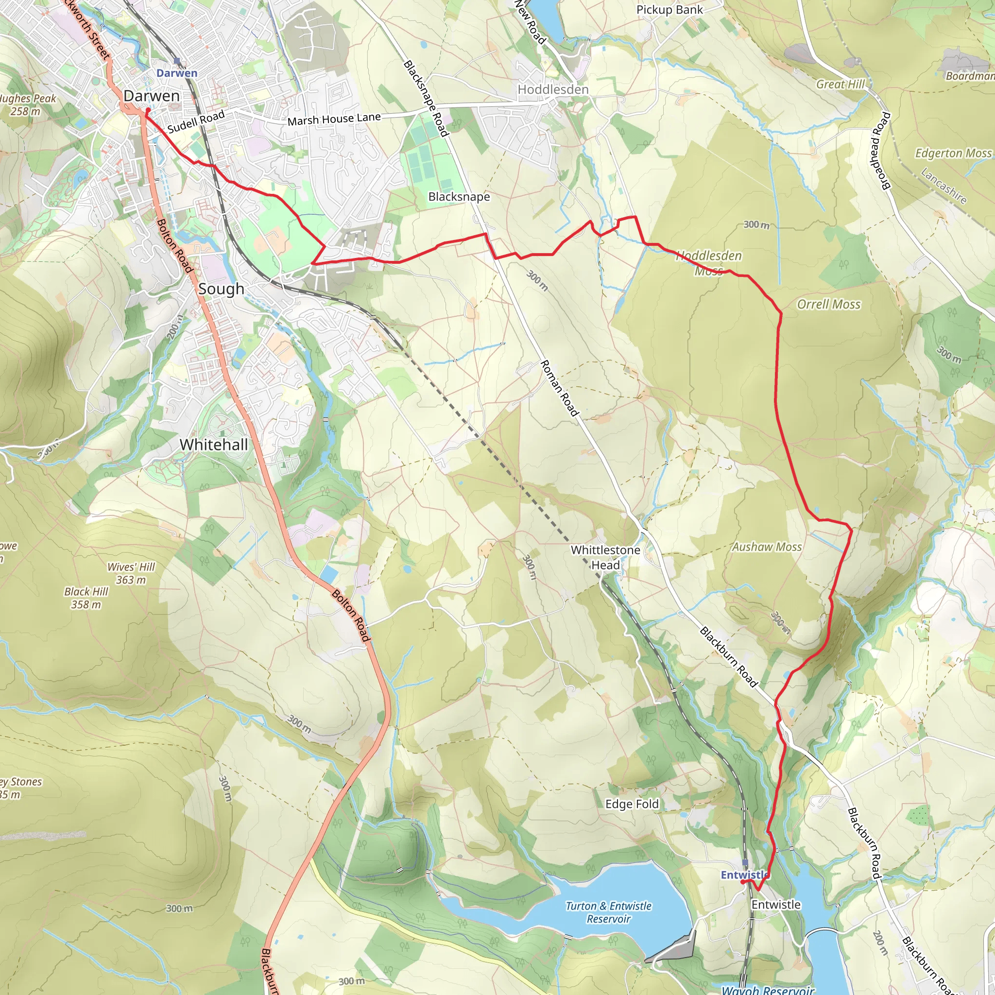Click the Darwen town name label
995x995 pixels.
[152, 96]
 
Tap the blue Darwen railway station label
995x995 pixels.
[177, 73]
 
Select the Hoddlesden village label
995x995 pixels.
[552, 89]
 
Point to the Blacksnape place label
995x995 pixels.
[459, 197]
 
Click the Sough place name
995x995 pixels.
[221, 289]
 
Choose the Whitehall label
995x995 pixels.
[214, 445]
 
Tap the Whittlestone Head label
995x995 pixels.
[605, 557]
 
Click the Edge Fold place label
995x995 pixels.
[632, 804]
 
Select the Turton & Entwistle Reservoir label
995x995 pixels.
[608, 912]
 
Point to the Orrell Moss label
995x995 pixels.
[829, 304]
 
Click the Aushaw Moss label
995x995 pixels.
[767, 547]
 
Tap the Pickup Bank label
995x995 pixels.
[669, 10]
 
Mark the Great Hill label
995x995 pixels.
[840, 84]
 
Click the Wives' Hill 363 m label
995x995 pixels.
[131, 573]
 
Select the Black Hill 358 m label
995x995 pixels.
[86, 598]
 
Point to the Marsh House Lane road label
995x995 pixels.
[334, 119]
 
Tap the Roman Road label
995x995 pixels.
[559, 388]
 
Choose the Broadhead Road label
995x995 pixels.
[880, 151]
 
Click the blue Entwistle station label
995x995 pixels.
[744, 875]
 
